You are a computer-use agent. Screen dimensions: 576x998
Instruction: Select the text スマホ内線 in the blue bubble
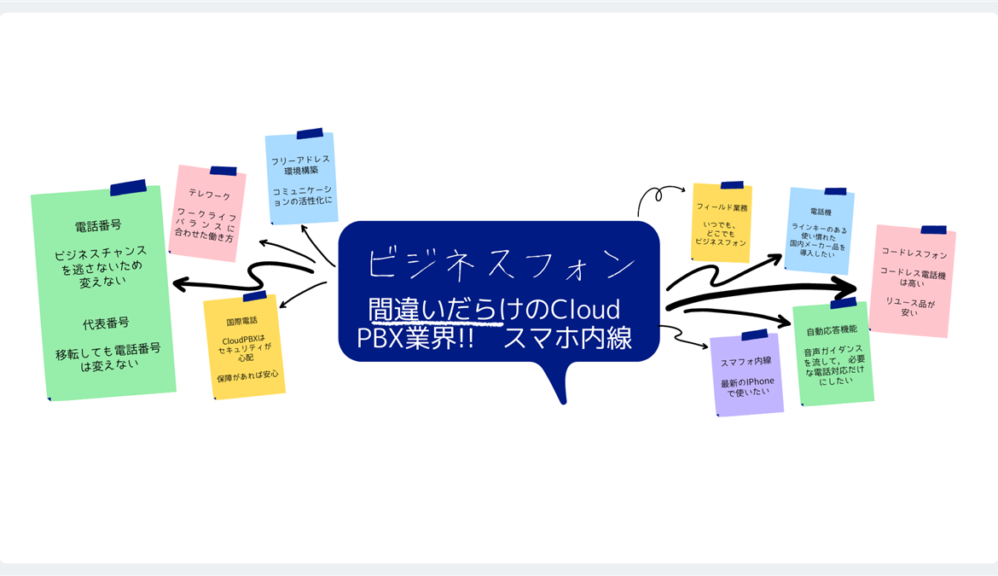click(567, 338)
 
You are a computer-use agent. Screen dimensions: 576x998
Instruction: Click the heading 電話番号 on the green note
click(98, 226)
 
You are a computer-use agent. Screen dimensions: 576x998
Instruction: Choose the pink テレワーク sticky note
click(207, 212)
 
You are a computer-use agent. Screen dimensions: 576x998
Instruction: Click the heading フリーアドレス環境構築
click(300, 166)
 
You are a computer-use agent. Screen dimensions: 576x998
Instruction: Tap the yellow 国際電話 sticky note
click(243, 346)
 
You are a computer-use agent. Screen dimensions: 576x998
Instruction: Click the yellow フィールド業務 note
click(722, 224)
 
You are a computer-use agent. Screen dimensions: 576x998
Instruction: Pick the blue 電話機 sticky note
click(821, 230)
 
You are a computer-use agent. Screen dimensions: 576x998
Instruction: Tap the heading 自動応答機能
click(832, 329)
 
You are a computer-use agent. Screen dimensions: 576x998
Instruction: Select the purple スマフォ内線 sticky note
click(746, 374)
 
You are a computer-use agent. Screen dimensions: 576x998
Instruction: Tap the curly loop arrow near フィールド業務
click(658, 195)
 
